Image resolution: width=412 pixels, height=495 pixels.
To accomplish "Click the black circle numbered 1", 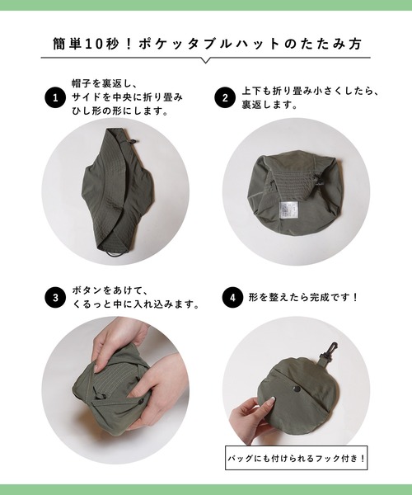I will click(55, 98).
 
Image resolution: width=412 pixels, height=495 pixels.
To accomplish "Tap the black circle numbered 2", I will click(224, 98).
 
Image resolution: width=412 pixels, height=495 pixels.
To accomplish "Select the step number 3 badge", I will click(55, 297).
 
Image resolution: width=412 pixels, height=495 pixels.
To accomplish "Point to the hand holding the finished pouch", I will click(251, 419).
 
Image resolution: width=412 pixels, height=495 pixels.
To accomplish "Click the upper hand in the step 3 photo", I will click(115, 338).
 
